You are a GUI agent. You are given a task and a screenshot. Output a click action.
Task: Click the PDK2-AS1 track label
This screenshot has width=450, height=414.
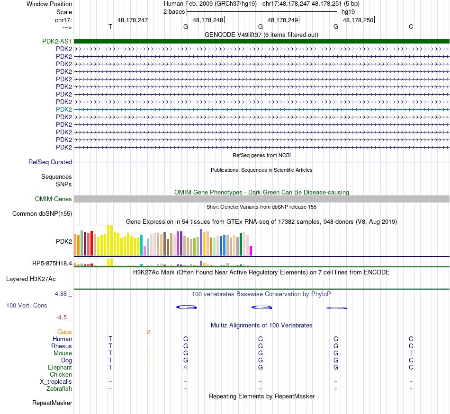tap(57, 41)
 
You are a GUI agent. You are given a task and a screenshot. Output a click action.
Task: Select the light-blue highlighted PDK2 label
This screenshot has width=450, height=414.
tap(64, 109)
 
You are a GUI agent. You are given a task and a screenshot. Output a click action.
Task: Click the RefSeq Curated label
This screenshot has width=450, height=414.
tap(50, 162)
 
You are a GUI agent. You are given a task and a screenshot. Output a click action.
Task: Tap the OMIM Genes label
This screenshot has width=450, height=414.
tap(53, 199)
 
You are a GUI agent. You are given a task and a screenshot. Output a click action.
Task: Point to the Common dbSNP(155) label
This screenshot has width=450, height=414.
tap(42, 214)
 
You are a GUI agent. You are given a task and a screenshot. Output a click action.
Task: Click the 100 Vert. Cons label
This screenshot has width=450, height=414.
tap(27, 306)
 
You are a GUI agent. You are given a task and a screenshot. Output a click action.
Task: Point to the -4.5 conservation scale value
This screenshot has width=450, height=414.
tap(64, 317)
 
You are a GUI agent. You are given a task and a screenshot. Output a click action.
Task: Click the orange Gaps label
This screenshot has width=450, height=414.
tap(64, 332)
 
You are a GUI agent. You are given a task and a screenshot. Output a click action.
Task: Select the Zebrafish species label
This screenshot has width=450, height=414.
tap(59, 389)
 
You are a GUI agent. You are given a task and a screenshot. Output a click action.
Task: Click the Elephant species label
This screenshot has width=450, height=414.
tap(60, 368)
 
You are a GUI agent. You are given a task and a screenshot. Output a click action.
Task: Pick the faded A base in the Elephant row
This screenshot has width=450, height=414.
tap(186, 368)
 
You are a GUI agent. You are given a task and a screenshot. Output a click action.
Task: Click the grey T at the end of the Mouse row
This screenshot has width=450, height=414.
tap(411, 353)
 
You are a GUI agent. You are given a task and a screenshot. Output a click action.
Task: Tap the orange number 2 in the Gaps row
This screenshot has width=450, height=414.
tap(148, 332)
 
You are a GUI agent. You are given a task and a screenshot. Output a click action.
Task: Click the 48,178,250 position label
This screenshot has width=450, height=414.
tap(358, 20)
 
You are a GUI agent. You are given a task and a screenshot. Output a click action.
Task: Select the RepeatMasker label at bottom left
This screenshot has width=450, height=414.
tap(52, 403)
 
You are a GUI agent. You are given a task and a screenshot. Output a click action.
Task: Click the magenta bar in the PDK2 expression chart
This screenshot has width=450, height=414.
tap(251, 250)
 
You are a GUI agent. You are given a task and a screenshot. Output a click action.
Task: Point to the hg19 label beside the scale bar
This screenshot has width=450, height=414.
tap(348, 11)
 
